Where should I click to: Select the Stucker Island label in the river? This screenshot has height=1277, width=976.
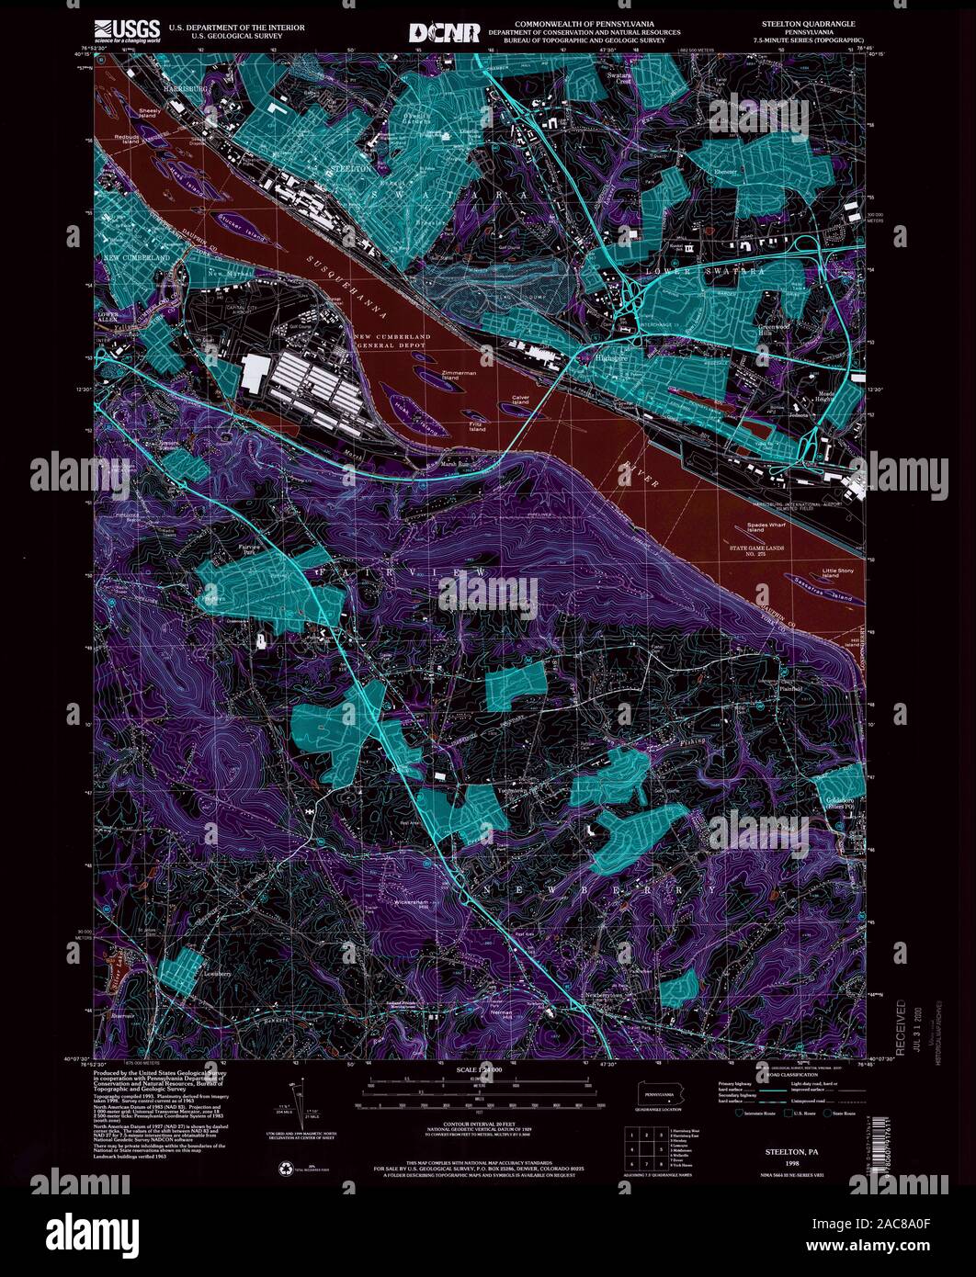[241, 221]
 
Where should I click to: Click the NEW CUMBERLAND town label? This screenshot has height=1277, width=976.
[137, 259]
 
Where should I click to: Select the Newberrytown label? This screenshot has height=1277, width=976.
[608, 994]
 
